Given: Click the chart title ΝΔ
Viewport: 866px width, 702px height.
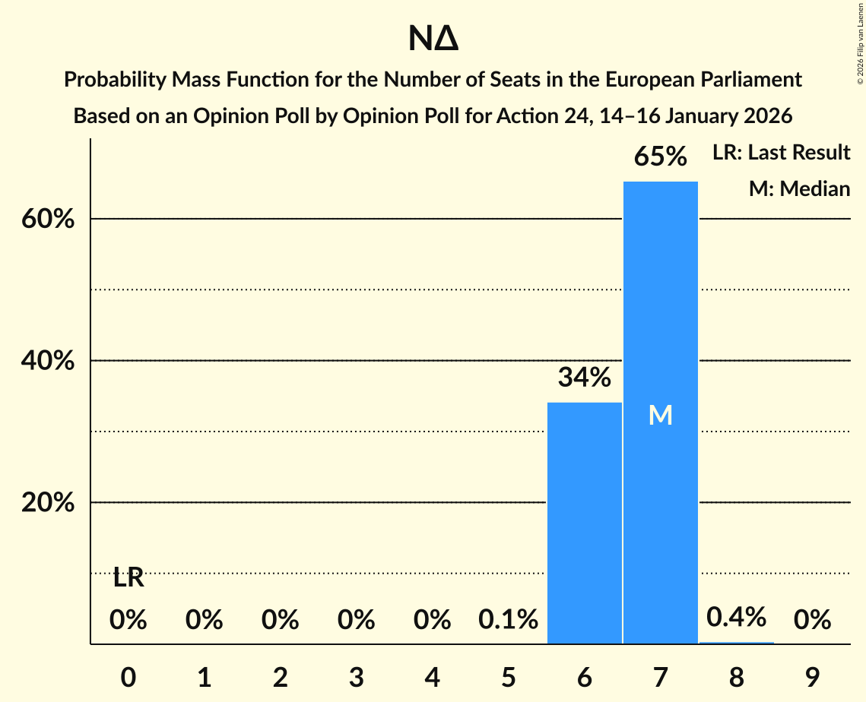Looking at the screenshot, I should coord(433,40).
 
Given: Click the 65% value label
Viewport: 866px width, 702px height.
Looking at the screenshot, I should coord(660,157).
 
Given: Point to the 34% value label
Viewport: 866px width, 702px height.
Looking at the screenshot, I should coord(584,377).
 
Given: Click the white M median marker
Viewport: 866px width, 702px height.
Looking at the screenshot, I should coord(660,415).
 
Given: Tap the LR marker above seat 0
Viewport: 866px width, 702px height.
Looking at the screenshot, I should coord(128,578).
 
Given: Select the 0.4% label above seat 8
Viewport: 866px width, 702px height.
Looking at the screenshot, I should coord(736,617).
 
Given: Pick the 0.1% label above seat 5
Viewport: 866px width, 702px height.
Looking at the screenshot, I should coord(508,620).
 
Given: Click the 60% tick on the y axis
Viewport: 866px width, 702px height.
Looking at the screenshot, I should coord(48,219).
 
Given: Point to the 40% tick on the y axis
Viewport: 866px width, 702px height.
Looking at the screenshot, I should coord(48,361).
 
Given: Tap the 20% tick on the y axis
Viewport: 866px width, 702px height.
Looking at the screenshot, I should coord(48,503).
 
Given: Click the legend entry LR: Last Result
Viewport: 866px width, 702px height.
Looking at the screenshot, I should coord(781,153).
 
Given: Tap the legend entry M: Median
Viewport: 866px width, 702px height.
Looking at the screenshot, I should coord(799,188).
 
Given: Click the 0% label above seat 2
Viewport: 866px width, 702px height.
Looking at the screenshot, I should coord(280,620).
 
